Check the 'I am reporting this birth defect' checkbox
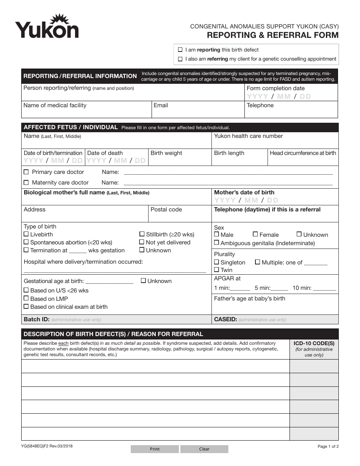pos(180,50)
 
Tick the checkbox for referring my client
pos(180,59)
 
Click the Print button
pos(155,449)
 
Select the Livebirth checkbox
pos(26,235)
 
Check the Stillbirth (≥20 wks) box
pos(142,234)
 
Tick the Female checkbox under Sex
pos(255,235)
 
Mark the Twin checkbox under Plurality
pos(216,270)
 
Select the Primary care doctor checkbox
pos(26,172)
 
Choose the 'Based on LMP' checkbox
pos(26,299)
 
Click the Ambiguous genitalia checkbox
pos(216,243)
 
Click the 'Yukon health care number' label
pos(248,136)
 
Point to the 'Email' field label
pos(161,105)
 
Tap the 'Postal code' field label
pos(166,210)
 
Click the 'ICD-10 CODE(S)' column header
pos(314,343)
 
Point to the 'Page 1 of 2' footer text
pos(328,446)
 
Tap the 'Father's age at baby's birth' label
pos(249,299)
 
